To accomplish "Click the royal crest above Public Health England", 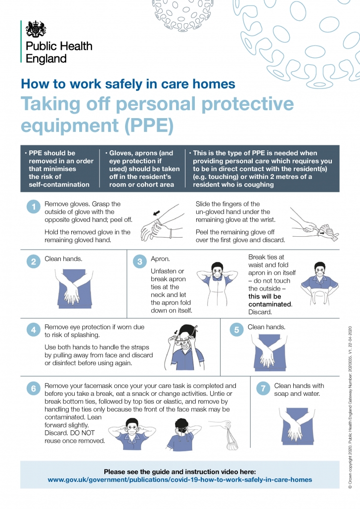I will (x=36, y=30).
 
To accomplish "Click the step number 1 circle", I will (x=33, y=208).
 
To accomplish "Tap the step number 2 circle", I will (x=33, y=262).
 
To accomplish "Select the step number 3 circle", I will (x=139, y=262).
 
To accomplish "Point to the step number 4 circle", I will (x=33, y=330).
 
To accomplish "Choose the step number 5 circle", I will (x=236, y=330).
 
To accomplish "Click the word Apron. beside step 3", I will (x=160, y=258).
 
